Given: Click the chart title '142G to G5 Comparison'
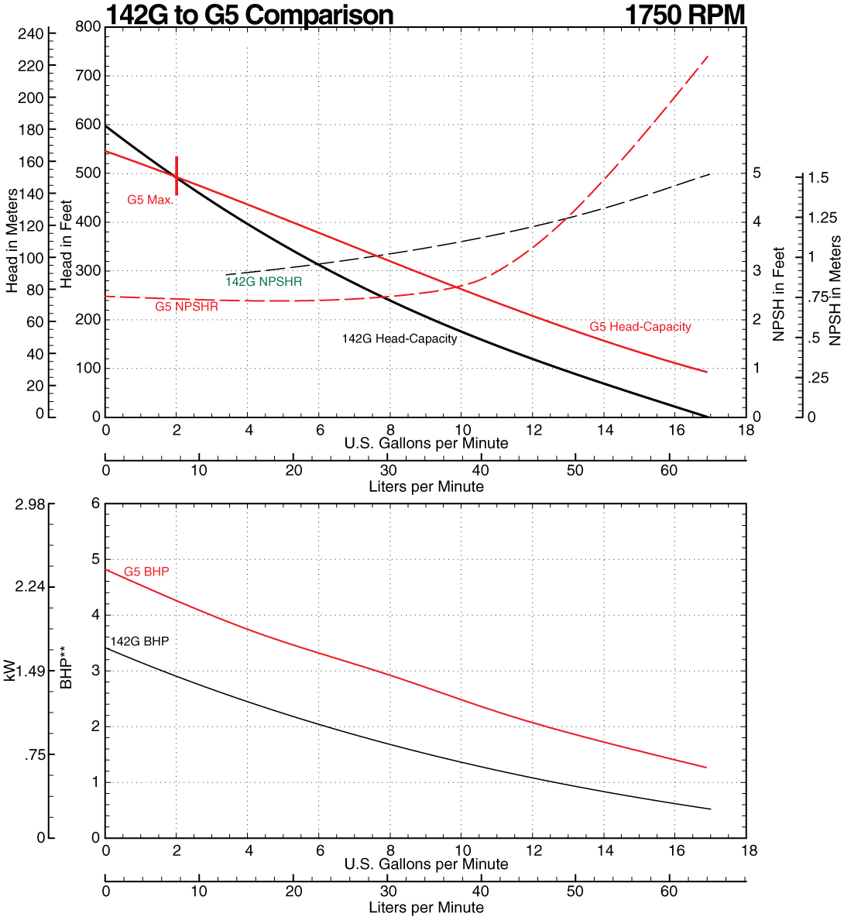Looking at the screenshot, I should pos(249,14).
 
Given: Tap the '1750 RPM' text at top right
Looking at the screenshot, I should pos(684,14).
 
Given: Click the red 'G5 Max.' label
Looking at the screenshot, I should pos(150,200).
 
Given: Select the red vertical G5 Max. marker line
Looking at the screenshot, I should pos(177,181).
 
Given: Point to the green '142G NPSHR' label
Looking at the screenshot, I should pos(263,282).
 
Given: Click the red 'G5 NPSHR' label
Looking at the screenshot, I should pos(186,307).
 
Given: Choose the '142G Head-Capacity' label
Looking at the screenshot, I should pos(400,338).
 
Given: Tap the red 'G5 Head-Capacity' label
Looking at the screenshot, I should pos(640,327).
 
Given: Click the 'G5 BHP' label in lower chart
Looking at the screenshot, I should pos(146,572).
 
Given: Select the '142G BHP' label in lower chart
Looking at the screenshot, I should pos(139,641).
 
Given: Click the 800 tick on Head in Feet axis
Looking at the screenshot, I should pos(88,27).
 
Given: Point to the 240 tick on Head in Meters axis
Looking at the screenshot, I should pos(31,33).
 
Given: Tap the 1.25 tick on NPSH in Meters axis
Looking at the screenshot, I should pos(823,218).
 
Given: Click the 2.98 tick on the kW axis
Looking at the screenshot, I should pos(31,504).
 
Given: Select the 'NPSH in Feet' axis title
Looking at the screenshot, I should pos(778,295).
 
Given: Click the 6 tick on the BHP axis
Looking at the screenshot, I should pos(96,503).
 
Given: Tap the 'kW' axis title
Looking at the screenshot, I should pos(9,671).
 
